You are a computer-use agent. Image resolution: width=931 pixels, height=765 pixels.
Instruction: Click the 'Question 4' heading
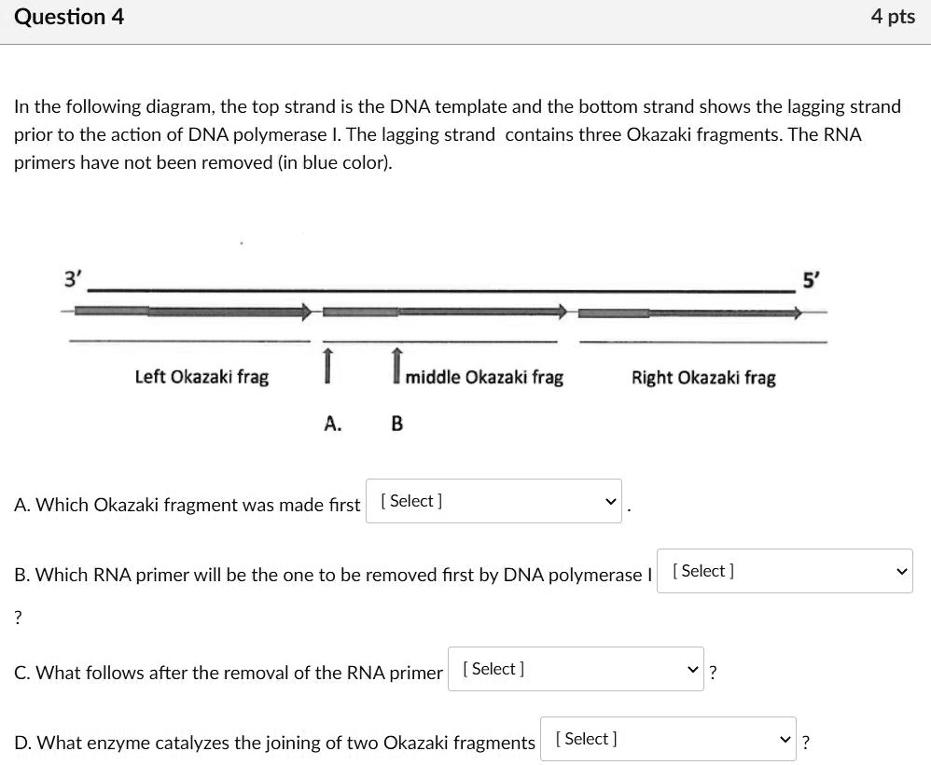69,17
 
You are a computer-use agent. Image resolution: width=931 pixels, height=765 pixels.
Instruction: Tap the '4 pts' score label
893,17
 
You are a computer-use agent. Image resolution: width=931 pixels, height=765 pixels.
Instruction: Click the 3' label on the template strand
73,278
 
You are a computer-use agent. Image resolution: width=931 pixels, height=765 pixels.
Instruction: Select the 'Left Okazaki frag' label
201,377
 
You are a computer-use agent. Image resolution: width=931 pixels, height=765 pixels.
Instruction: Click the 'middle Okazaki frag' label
484,377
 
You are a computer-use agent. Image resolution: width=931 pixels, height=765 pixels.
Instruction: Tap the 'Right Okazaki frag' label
703,377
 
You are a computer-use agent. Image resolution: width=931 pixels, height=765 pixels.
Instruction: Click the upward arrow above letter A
327,365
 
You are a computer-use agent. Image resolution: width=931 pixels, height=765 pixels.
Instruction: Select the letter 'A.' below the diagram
333,424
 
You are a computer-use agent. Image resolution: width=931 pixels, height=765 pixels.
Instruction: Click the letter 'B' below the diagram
396,424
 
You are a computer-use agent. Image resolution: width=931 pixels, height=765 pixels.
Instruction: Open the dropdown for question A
493,501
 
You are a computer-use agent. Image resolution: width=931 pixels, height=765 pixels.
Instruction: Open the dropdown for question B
785,571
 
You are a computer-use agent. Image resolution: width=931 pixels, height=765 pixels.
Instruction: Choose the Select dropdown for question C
576,669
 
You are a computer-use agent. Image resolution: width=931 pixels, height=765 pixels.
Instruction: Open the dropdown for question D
668,739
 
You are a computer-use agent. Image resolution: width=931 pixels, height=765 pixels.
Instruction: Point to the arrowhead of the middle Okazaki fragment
562,311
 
